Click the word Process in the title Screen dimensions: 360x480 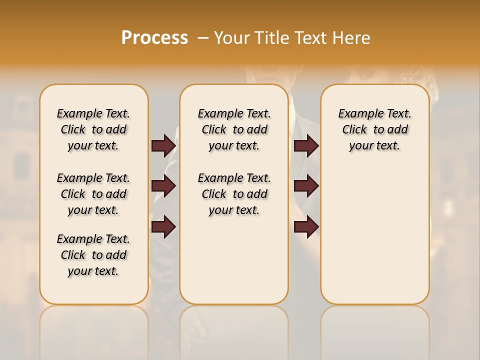tap(154, 37)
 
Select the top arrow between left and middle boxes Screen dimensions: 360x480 tap(163, 145)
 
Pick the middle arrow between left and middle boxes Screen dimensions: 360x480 tap(163, 186)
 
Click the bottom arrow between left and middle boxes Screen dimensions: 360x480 tap(163, 226)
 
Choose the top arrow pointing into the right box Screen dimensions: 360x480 tap(306, 145)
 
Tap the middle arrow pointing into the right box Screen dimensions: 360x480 tap(306, 186)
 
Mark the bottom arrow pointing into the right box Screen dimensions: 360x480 tap(306, 226)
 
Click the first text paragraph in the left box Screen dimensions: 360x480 tap(93, 129)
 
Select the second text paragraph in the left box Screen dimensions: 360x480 tap(93, 194)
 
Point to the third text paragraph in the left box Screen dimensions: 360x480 tap(93, 255)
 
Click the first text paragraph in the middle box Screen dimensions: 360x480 tap(234, 129)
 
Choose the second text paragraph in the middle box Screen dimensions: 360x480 tap(234, 194)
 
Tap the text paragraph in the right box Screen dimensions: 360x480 tap(374, 129)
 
